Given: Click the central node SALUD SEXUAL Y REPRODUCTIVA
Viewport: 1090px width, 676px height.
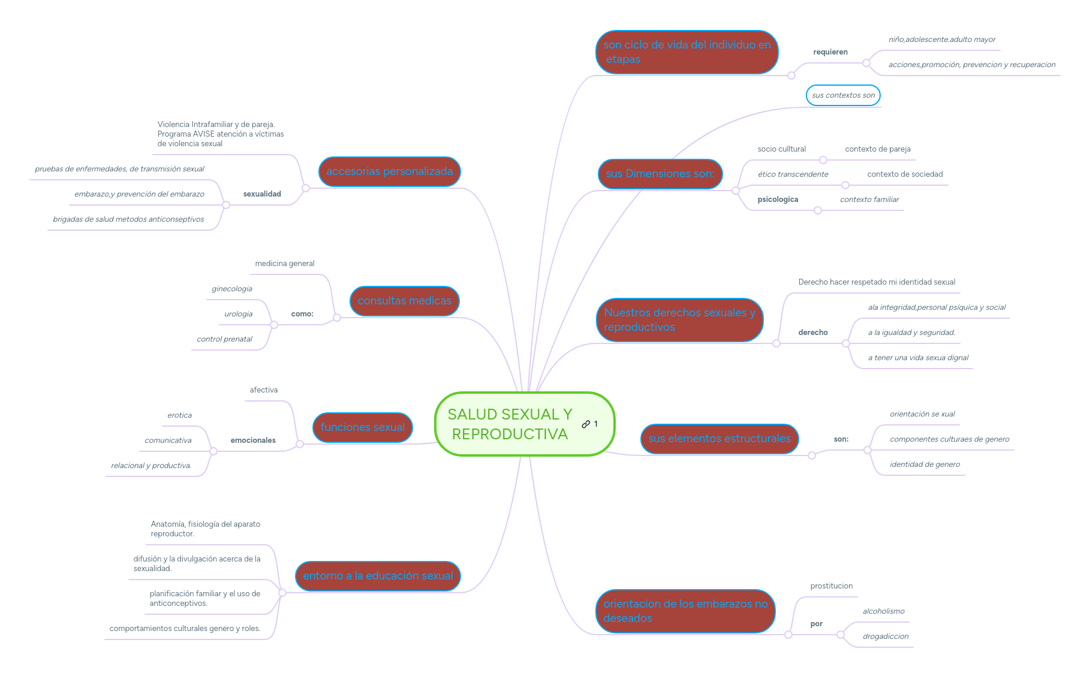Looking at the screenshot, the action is point(525,424).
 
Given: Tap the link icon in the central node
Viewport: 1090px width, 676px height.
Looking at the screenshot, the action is point(586,424).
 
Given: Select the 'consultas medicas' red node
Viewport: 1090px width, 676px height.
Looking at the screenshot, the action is point(404,301).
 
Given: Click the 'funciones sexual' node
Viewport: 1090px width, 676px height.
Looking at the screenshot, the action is point(362,427).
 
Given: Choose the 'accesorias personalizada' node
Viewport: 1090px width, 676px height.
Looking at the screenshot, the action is point(390,171).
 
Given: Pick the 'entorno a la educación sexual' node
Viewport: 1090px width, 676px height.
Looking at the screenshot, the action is point(378,576).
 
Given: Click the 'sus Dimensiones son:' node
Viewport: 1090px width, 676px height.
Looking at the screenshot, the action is point(660,174).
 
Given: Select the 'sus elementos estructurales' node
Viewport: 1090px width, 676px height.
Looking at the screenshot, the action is point(719,439).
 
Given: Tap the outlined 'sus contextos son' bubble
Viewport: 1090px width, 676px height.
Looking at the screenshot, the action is point(843,95).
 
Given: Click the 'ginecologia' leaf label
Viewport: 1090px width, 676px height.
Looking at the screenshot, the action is point(232,289).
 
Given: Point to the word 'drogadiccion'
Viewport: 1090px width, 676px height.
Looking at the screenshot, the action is point(886,636).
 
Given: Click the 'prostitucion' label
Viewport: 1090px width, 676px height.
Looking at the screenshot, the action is point(831,586).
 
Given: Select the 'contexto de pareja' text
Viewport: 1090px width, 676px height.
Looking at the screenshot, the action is point(878,149).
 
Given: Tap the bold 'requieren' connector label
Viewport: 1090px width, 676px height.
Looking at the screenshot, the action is point(830,52).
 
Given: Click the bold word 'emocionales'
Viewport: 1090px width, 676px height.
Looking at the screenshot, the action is point(253,440).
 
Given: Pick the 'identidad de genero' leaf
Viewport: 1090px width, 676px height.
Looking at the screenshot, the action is point(925,464).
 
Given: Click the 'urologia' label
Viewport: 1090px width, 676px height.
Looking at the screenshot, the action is point(238,314).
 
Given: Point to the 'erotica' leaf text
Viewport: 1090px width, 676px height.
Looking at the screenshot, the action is point(179,415).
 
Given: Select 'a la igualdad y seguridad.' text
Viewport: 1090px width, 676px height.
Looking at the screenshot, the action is point(911,333).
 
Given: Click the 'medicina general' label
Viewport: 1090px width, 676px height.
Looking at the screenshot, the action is point(284,264).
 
